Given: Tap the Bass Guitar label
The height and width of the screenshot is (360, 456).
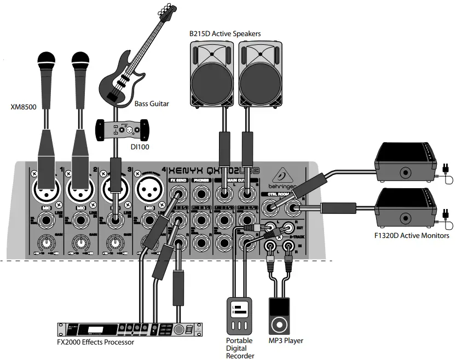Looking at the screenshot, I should click(x=152, y=103).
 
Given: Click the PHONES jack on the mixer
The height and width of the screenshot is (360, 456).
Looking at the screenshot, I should click(x=198, y=193).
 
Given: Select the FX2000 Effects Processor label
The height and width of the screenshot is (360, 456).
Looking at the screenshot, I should click(x=96, y=342).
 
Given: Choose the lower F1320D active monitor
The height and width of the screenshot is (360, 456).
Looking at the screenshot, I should click(x=405, y=207).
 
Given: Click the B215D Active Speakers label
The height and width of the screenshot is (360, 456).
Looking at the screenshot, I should click(x=225, y=33).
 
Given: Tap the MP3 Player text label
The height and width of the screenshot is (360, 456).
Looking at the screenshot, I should click(x=286, y=340).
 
